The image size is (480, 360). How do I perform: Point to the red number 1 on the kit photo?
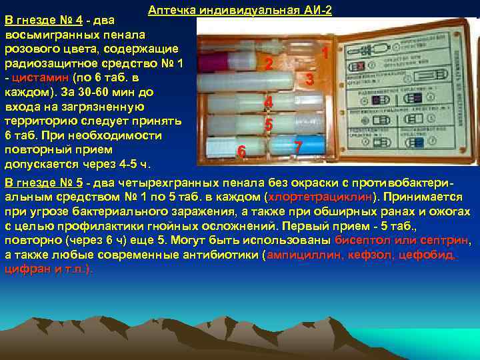pyautogui.click(x=324, y=52)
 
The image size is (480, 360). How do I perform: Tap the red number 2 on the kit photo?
pyautogui.click(x=268, y=64)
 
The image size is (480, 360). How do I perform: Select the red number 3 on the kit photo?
pyautogui.click(x=309, y=79)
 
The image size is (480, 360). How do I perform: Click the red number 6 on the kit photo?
pyautogui.click(x=242, y=152)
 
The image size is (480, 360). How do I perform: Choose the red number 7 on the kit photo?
pyautogui.click(x=298, y=146)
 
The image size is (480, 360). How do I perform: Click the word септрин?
pyautogui.click(x=448, y=241)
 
